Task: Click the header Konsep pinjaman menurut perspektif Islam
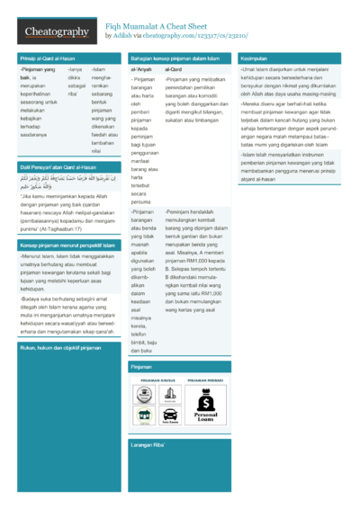[x=66, y=244]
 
